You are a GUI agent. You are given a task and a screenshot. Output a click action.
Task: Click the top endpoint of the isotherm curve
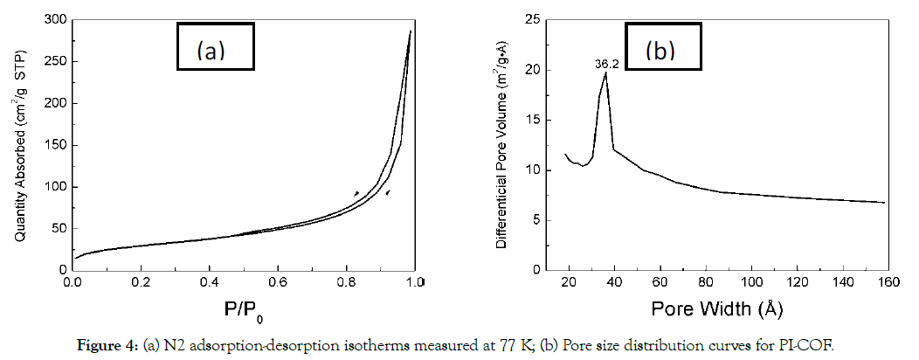pos(411,31)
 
